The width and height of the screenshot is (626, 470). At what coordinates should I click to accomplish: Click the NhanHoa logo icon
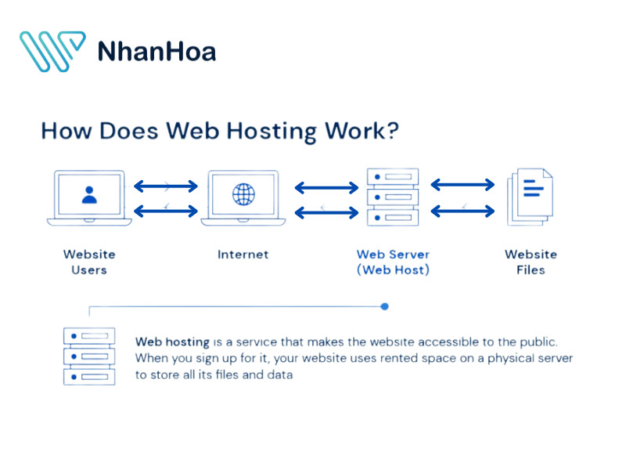52,52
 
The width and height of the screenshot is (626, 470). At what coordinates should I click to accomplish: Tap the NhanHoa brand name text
156,52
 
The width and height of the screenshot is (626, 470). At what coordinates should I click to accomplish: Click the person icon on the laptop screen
89,195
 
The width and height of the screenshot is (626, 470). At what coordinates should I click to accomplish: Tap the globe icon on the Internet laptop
243,195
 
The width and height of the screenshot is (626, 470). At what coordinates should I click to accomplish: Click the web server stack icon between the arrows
393,197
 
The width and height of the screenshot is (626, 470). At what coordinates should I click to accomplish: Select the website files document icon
531,197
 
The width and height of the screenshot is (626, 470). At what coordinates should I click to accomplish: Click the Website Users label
89,262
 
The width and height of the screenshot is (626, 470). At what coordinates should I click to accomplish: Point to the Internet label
243,254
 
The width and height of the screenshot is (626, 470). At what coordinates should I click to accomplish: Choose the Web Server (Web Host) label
393,262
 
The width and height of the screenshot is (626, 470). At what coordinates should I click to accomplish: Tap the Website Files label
531,262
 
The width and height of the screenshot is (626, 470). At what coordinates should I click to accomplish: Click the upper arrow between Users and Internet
166,186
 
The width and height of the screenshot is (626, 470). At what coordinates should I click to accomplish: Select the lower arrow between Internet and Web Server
326,211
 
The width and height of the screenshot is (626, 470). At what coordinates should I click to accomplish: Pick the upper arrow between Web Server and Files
463,185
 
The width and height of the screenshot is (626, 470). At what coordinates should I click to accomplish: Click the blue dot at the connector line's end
384,306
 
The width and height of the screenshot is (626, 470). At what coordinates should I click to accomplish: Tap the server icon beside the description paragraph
89,356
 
